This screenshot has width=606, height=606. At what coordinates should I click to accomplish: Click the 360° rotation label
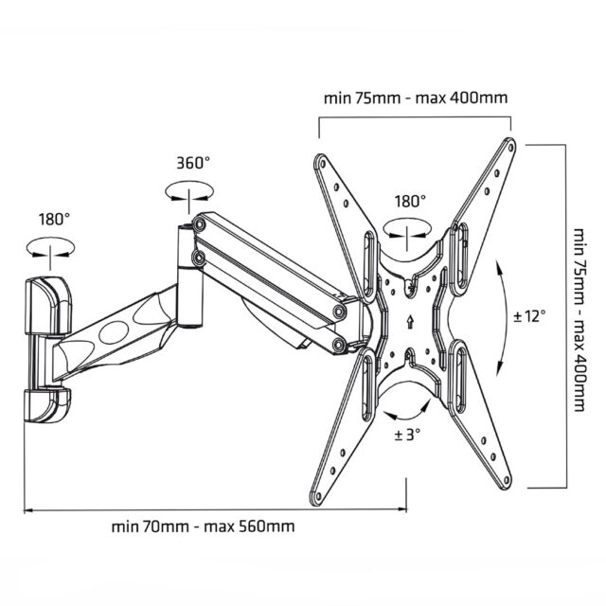pos(192,162)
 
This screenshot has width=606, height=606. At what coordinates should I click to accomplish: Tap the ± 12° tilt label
pos(529,315)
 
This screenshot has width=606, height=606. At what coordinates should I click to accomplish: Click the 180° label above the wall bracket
pos(54,219)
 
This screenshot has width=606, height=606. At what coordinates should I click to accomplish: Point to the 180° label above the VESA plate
pos(410,201)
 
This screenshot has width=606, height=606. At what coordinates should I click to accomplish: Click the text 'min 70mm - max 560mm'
pos(202,526)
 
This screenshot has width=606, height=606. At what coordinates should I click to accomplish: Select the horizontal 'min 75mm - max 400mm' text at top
pos(415,97)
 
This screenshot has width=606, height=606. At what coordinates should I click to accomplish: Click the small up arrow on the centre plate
pos(409,321)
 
